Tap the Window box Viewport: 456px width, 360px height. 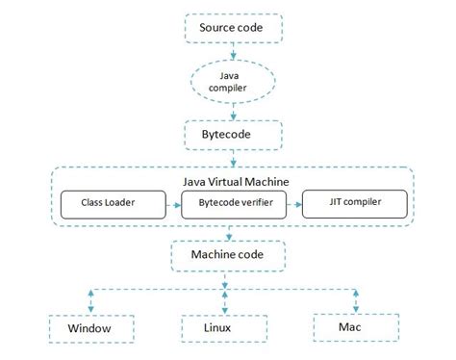point(89,327)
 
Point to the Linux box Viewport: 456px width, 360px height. point(224,327)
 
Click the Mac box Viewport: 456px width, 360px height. point(357,327)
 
